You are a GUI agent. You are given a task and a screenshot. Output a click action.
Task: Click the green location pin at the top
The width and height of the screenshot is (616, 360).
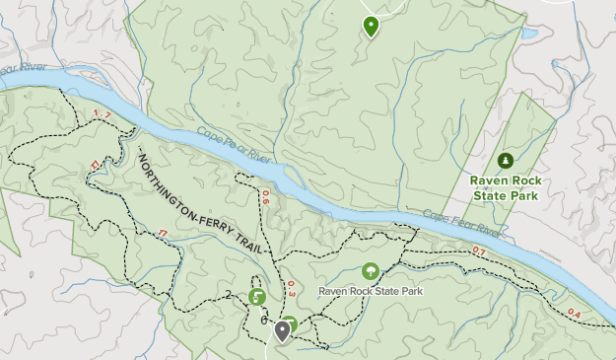[371, 26]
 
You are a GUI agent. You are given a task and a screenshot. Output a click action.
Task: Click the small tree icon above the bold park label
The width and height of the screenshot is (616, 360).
[506, 159]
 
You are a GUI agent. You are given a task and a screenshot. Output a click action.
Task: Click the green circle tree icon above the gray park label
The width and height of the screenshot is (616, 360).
[371, 270]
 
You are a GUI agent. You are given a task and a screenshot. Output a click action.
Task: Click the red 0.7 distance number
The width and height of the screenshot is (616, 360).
[479, 252]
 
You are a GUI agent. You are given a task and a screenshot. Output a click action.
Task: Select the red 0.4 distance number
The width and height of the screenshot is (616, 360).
[575, 314]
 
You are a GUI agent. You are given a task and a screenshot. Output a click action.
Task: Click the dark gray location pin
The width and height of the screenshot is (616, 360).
[283, 330]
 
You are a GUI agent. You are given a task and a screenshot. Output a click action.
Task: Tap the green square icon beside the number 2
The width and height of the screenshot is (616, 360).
[257, 296]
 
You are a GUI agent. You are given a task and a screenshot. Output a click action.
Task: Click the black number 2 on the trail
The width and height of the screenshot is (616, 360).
[228, 294]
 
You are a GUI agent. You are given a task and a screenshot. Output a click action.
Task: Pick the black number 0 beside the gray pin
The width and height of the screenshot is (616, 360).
[264, 321]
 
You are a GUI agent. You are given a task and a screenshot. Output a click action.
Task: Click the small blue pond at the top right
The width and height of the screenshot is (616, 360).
[529, 33]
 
